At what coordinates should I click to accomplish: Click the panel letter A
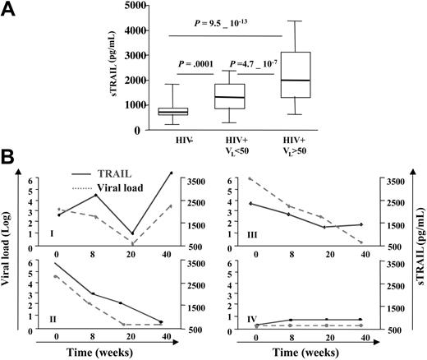pos(10,9)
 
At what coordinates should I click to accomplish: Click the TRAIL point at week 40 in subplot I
pos(170,173)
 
